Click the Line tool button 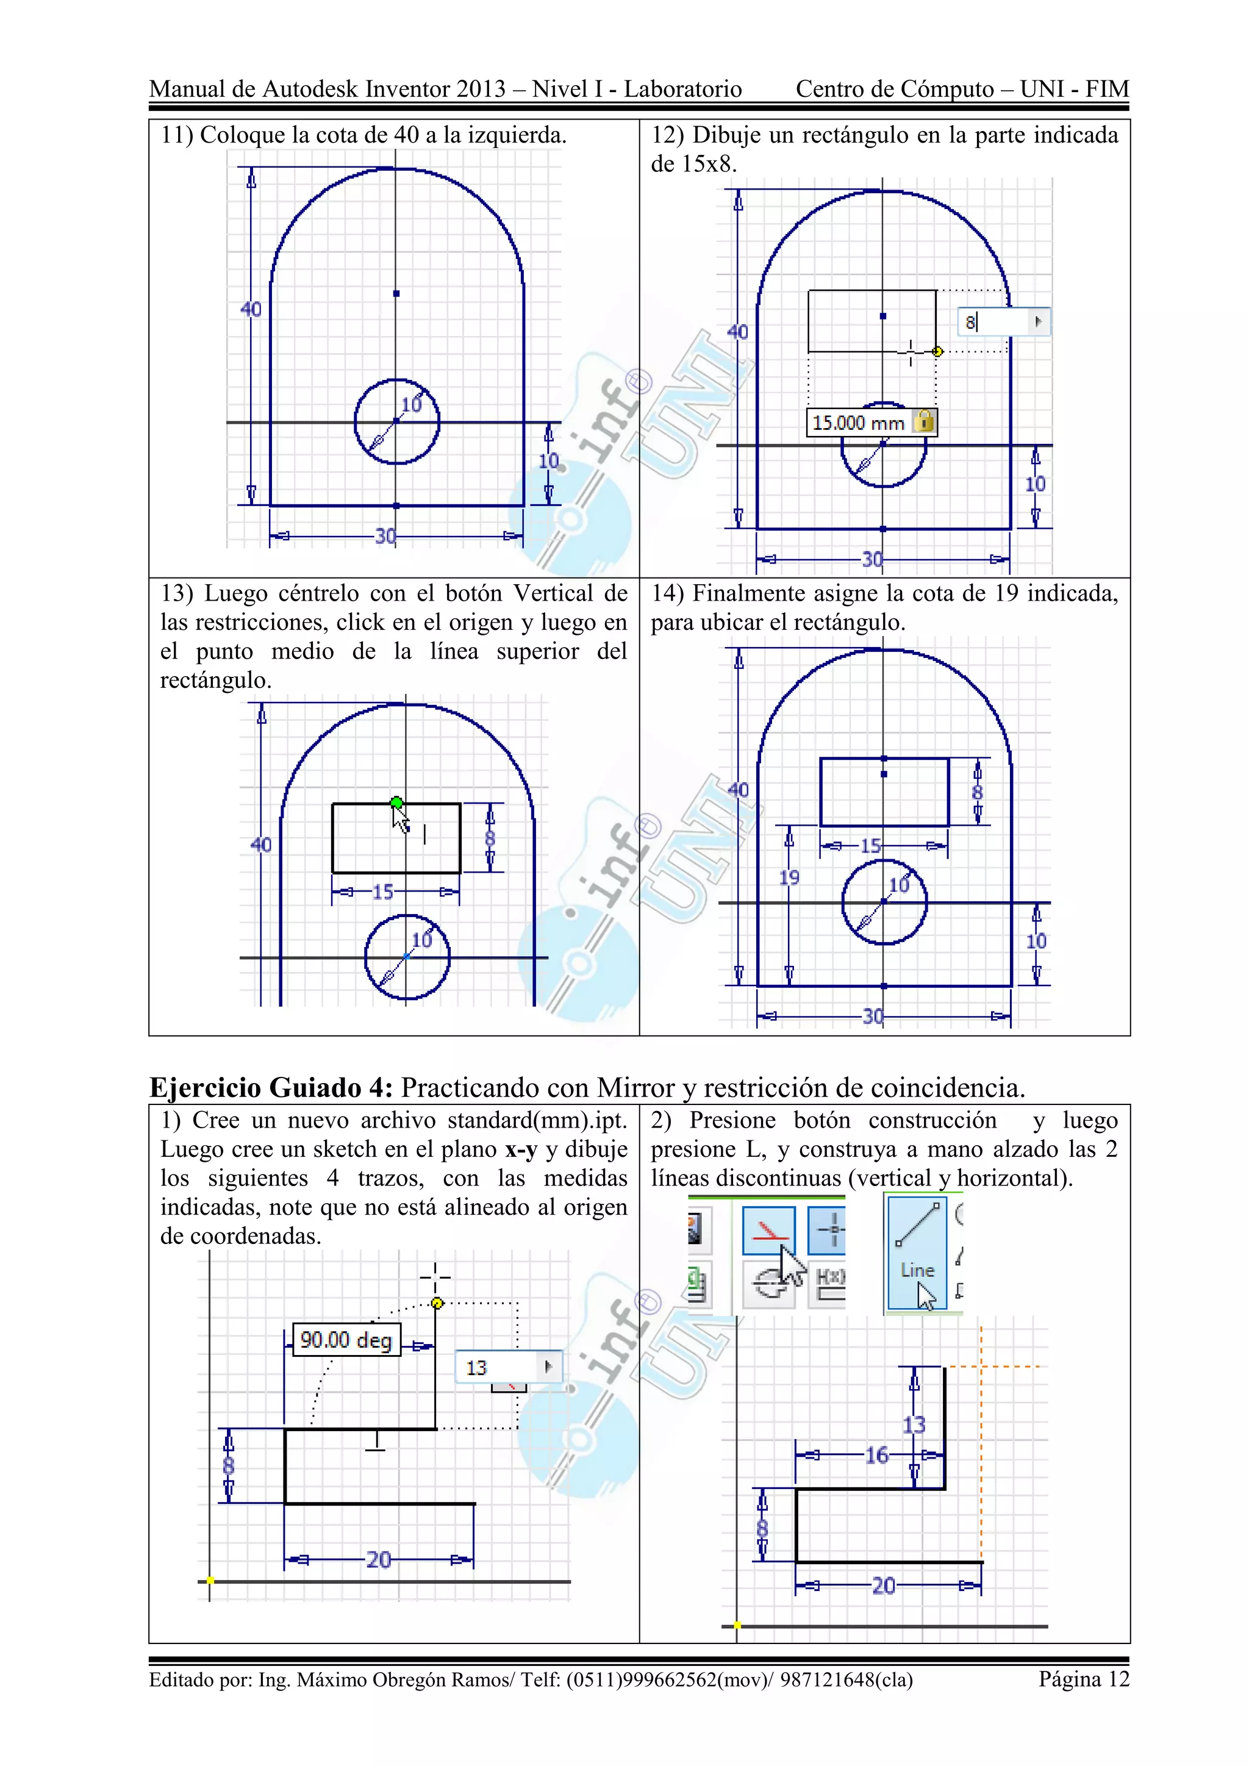(x=916, y=1252)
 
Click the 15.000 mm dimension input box (x=858, y=422)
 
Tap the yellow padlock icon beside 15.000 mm (x=925, y=421)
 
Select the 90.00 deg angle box (x=346, y=1340)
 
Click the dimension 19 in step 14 (x=789, y=877)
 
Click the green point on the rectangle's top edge (x=396, y=803)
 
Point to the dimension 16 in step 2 (x=877, y=1455)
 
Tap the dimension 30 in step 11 (x=385, y=536)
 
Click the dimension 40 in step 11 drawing (x=251, y=309)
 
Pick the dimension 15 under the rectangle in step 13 (x=382, y=892)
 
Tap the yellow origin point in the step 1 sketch (x=210, y=1581)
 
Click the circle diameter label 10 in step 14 (x=898, y=885)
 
